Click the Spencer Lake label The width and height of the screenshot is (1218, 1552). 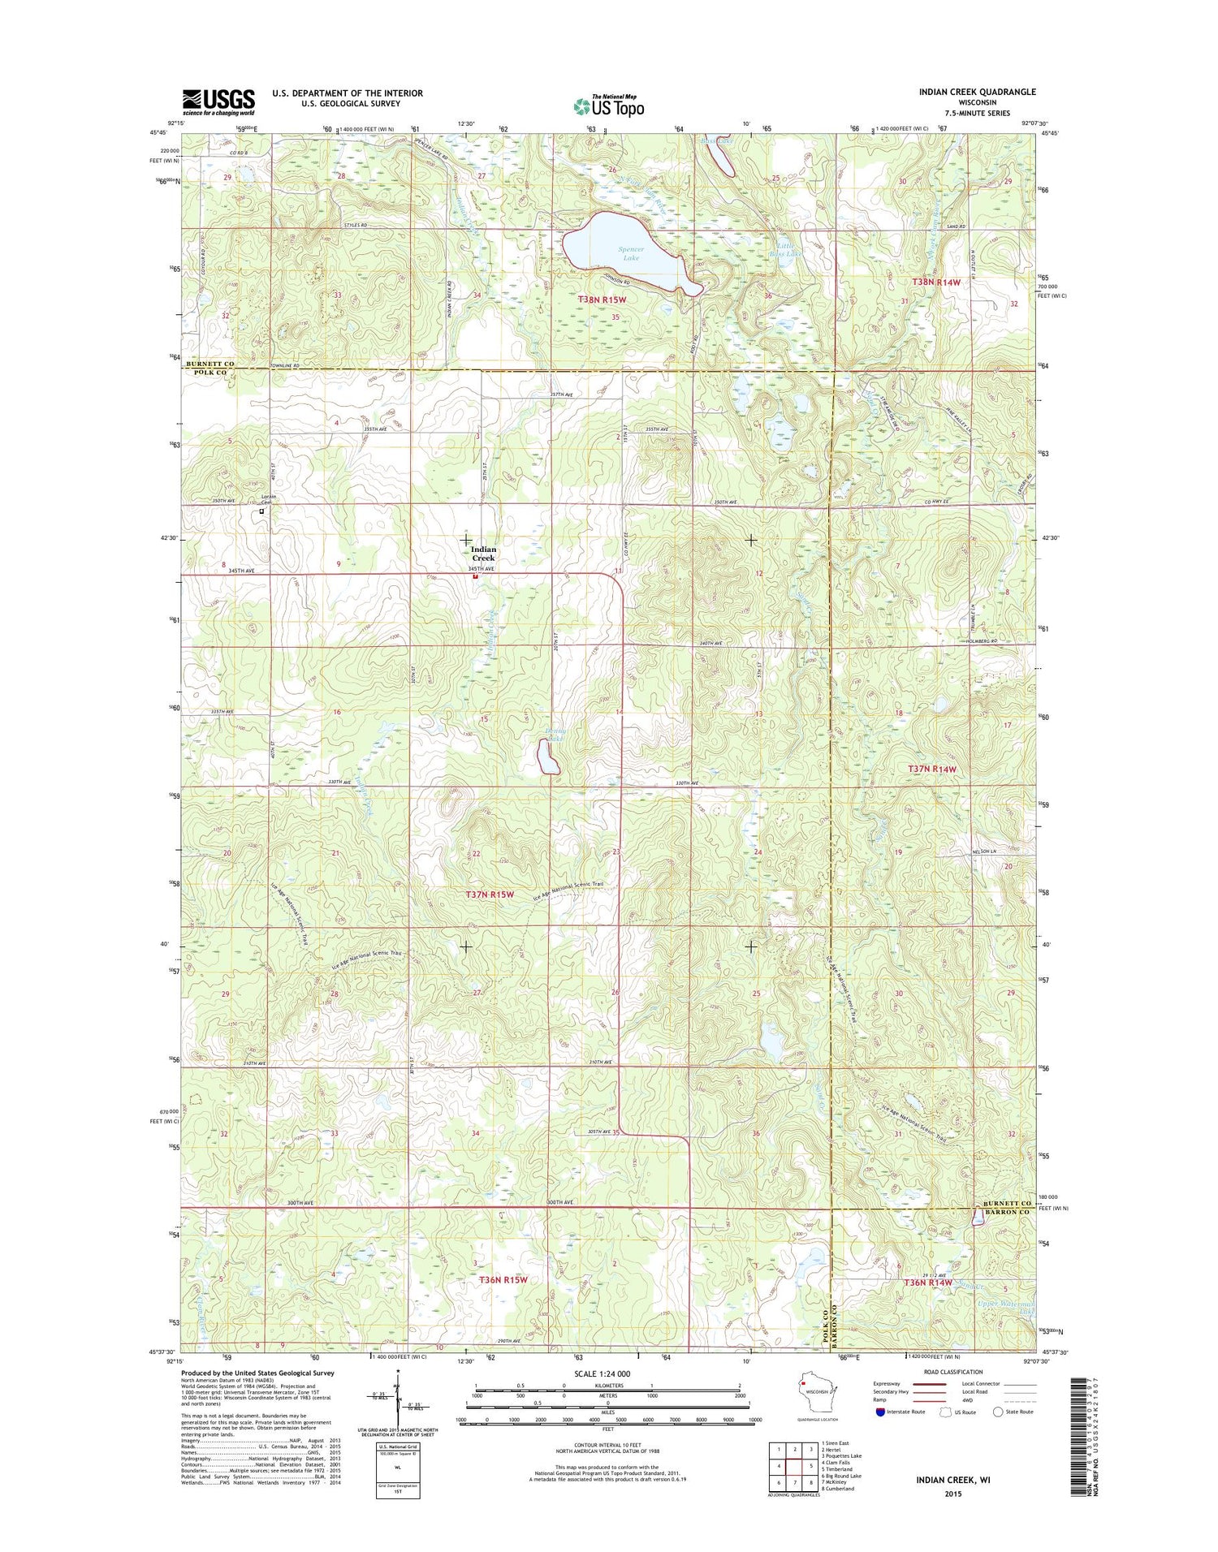(x=631, y=253)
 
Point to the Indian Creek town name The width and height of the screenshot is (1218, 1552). (x=483, y=554)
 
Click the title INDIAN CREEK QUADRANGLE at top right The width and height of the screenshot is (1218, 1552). (x=977, y=93)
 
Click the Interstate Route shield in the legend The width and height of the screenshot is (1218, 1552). (x=881, y=1412)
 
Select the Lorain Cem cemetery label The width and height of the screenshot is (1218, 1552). (x=268, y=499)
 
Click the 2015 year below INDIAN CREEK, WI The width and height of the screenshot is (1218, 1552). (x=952, y=1494)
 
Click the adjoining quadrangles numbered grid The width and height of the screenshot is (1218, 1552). (x=793, y=1466)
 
